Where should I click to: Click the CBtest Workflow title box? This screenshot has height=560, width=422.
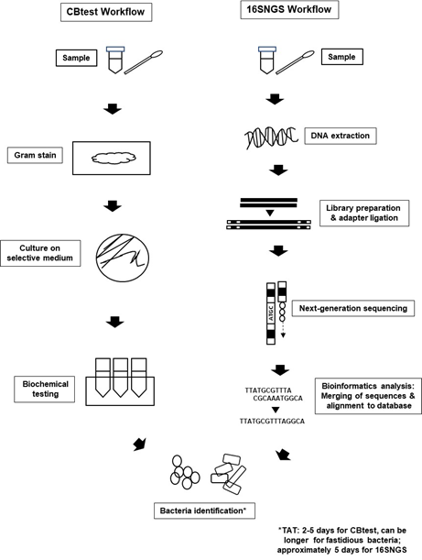(x=106, y=12)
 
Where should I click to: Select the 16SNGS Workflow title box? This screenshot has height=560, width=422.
(x=289, y=9)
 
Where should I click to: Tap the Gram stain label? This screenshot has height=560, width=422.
(x=35, y=156)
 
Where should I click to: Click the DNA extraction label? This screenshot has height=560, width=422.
(x=341, y=136)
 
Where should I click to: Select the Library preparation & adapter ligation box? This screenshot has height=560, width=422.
(x=364, y=214)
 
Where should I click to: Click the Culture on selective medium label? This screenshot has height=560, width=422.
(x=40, y=253)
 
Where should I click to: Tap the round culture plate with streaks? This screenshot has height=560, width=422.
(x=123, y=258)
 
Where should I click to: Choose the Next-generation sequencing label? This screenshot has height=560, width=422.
(x=353, y=308)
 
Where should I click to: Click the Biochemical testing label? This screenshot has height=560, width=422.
(x=45, y=389)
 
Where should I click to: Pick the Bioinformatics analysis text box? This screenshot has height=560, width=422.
(x=368, y=396)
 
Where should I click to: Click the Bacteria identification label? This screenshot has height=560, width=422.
(x=204, y=511)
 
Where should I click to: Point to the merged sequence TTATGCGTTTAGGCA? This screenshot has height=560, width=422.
(x=272, y=422)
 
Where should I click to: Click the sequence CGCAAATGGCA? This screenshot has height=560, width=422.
(x=278, y=398)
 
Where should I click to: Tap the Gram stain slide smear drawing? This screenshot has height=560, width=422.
(x=114, y=158)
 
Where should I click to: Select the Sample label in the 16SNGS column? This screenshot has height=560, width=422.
(x=341, y=57)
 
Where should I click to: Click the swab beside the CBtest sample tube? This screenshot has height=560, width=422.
(x=144, y=62)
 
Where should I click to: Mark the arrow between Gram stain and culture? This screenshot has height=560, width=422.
(x=113, y=206)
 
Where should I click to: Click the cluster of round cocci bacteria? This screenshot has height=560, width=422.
(x=185, y=472)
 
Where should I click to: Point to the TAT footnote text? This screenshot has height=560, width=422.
(x=341, y=540)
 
